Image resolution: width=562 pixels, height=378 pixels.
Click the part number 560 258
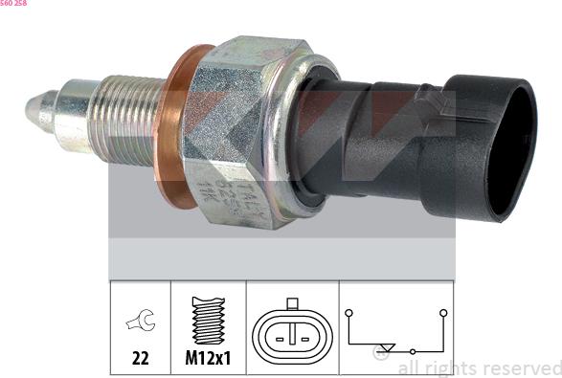(13, 4)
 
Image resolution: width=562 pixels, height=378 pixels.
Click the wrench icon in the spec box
(139, 322)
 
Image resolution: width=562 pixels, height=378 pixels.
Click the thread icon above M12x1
(208, 320)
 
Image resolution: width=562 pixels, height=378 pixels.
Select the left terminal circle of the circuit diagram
(350, 313)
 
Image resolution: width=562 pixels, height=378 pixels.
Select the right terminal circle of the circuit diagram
(443, 313)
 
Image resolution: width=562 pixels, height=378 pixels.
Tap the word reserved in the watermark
(521, 367)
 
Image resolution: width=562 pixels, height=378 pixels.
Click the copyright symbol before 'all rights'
(381, 353)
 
